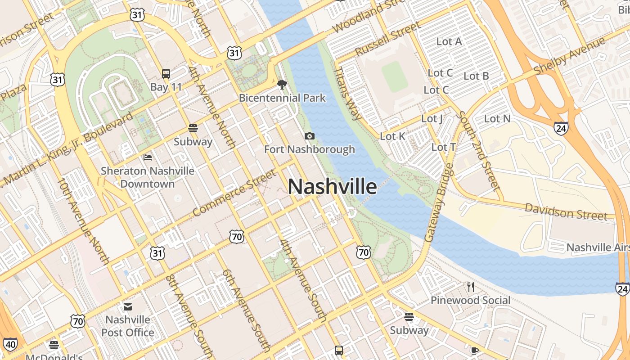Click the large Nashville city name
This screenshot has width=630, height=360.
(x=332, y=186)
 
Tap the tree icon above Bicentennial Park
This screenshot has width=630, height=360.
(x=282, y=84)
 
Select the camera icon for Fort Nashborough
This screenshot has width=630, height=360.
(x=310, y=136)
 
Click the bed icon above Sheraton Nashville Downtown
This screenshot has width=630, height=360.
(x=148, y=157)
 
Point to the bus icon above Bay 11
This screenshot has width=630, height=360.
(x=166, y=73)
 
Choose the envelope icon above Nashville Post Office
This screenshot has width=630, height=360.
(x=128, y=307)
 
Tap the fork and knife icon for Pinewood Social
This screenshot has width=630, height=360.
(x=471, y=287)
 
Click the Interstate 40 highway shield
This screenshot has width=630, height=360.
(x=11, y=345)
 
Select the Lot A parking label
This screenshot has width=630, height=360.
(x=449, y=41)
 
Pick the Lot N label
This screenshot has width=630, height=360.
(x=497, y=119)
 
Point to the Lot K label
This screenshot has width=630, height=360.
(x=393, y=136)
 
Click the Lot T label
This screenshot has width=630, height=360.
(x=444, y=147)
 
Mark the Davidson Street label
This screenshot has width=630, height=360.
(x=566, y=211)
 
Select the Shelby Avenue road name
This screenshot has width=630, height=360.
(x=570, y=57)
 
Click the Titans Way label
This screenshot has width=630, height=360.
(x=348, y=94)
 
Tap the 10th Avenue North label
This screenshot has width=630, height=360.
(x=83, y=221)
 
